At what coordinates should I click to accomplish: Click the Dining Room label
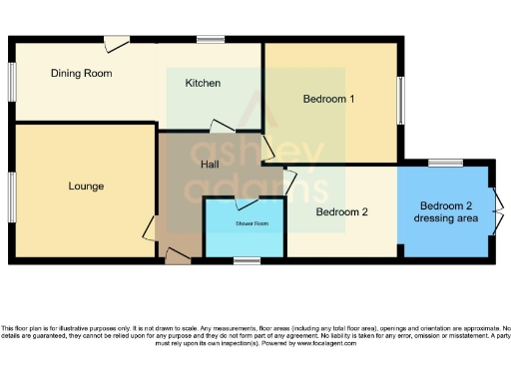point(81,73)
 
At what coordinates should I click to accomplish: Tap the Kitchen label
point(203,83)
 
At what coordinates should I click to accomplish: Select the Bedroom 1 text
point(328,99)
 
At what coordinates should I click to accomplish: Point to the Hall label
point(210,165)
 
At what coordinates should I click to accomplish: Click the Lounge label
point(86,187)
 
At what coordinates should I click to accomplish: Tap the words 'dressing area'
point(445,218)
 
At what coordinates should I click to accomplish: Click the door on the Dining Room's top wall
point(118,43)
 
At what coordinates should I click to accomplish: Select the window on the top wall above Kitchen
point(210,39)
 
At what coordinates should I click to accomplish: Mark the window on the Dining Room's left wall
point(11,90)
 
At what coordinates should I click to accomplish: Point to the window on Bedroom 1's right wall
point(403,100)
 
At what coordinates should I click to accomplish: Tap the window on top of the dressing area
point(443,162)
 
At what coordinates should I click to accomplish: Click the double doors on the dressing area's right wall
point(495,211)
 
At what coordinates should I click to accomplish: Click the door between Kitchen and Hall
point(221,127)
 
